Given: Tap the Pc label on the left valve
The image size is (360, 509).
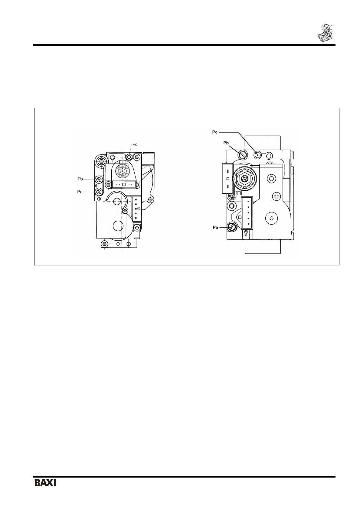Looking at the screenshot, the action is [135, 144].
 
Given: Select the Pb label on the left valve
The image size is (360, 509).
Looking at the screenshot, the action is [80, 179].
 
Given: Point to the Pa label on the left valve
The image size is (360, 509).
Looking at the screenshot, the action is [80, 192].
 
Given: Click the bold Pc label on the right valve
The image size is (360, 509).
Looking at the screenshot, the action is [215, 132].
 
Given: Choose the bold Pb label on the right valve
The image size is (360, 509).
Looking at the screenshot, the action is [226, 143].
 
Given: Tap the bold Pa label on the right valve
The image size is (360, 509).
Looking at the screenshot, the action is [215, 227].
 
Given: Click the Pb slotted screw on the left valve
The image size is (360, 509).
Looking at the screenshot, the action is [99, 180].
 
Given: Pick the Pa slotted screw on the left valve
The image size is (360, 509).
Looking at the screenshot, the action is [99, 192].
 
